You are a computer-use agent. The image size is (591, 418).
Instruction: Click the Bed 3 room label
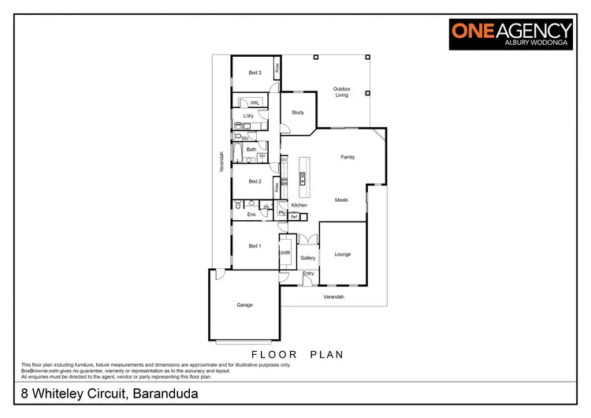point(255,73)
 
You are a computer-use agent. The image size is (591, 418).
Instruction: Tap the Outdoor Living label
point(341,91)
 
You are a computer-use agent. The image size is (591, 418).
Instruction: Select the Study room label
point(298,113)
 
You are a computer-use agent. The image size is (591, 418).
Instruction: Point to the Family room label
point(348,157)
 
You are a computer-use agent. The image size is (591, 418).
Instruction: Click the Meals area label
point(341,200)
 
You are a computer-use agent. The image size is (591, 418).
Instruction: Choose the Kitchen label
point(299,205)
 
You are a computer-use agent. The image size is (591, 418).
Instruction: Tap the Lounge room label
point(343,254)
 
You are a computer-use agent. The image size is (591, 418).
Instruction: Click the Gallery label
point(308,258)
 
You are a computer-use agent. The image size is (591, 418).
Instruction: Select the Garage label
point(245,304)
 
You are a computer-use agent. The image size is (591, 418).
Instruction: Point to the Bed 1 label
point(255,246)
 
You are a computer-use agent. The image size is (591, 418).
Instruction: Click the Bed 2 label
point(255,181)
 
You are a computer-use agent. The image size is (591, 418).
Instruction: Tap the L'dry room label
point(248,116)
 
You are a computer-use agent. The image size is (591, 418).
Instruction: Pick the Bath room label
point(251,149)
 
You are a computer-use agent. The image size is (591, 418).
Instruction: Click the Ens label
point(251,215)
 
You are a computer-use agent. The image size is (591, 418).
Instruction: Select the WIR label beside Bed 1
point(285,253)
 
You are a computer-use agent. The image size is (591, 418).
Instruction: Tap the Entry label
point(308,274)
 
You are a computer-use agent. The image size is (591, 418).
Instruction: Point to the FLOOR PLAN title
point(297,354)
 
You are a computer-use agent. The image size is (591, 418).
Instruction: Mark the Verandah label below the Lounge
point(333,297)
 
